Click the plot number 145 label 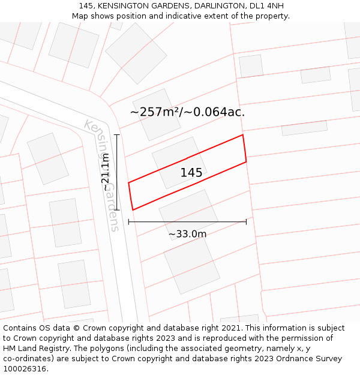point(191,173)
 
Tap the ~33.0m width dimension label point(187,234)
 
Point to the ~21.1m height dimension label point(106,172)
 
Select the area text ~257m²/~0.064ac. point(187,112)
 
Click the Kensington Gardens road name point(101,175)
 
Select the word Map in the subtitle point(81,16)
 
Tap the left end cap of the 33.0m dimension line point(128,222)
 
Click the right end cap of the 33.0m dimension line point(246,222)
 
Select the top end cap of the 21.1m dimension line point(117,134)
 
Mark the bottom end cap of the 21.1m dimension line point(117,210)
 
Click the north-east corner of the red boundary point(242,135)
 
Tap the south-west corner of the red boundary point(133,210)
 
